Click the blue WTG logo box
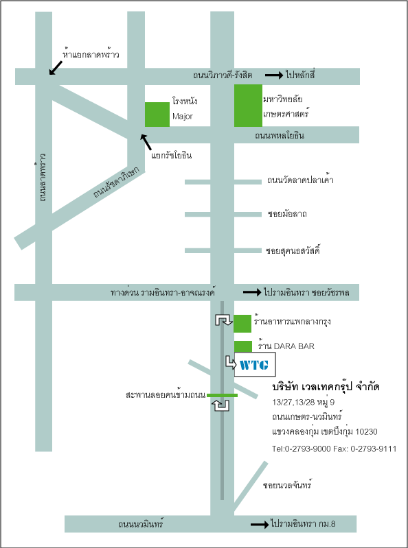(255, 364)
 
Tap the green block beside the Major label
(157, 115)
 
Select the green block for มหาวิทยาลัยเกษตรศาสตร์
(248, 105)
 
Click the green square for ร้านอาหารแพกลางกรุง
(242, 323)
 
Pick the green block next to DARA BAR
(243, 346)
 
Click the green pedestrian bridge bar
(222, 395)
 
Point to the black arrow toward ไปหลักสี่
(274, 75)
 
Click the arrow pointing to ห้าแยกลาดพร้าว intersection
(55, 68)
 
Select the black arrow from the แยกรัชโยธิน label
(146, 142)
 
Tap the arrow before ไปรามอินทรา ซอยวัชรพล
(252, 291)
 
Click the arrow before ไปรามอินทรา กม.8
(260, 524)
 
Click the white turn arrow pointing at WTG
(231, 362)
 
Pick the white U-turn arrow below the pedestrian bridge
(221, 405)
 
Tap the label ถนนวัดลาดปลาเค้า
(300, 180)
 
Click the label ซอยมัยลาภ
(287, 213)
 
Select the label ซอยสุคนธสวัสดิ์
(293, 250)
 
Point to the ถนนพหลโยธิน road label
(280, 136)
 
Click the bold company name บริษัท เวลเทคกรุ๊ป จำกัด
(326, 387)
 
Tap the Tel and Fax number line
(335, 449)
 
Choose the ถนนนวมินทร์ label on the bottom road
(141, 524)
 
